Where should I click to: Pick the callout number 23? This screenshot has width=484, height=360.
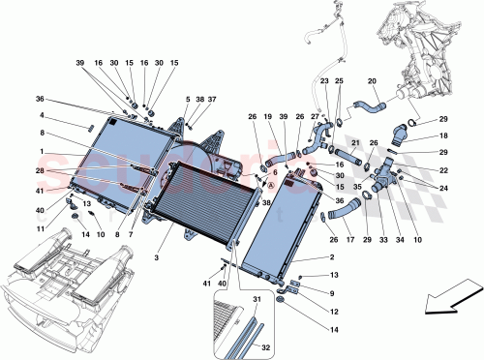324,82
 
